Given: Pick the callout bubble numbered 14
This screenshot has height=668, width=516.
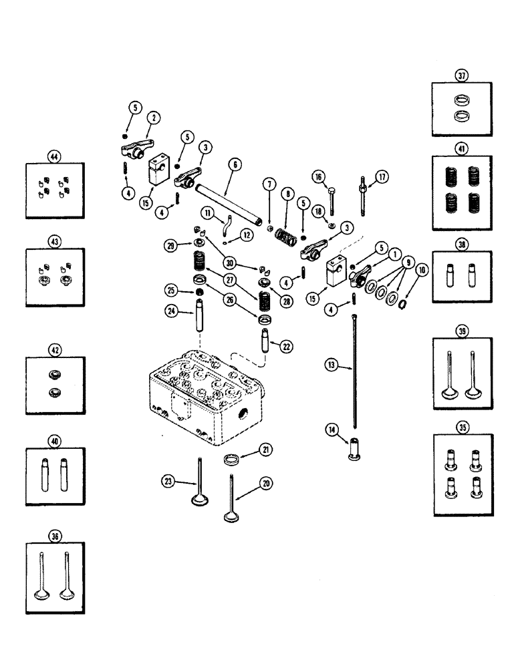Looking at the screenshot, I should pos(332,430).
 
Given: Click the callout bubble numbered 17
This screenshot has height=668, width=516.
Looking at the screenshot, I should pos(382,178).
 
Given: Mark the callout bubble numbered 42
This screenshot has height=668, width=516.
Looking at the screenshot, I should pos(55,349).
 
